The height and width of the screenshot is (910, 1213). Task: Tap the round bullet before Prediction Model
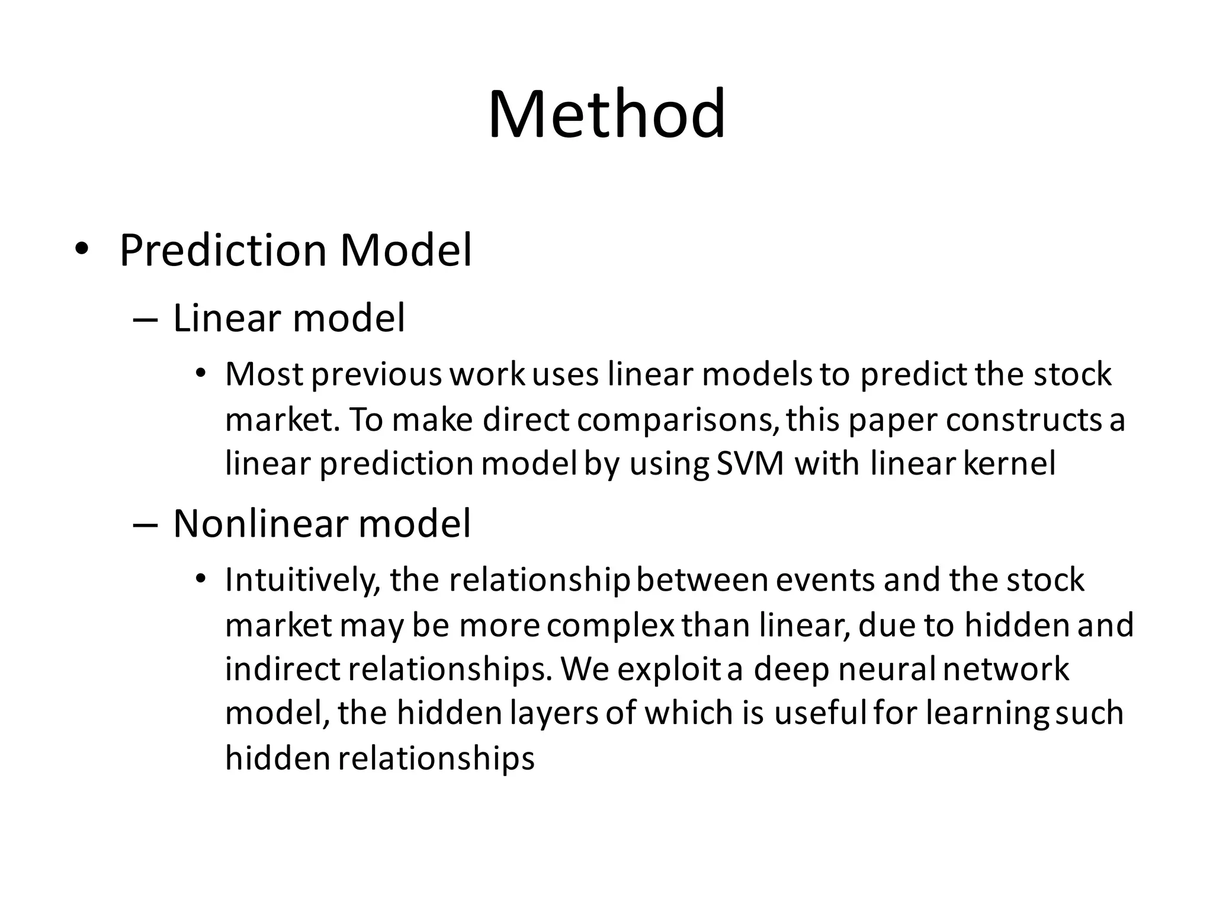pos(81,249)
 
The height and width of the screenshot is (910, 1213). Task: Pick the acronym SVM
pos(750,464)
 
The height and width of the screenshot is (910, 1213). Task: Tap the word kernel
pos(1009,463)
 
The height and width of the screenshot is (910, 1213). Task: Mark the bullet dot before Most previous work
pos(201,374)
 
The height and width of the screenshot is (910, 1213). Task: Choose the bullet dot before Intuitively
pos(201,578)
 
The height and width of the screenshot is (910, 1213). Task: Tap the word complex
pos(610,626)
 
